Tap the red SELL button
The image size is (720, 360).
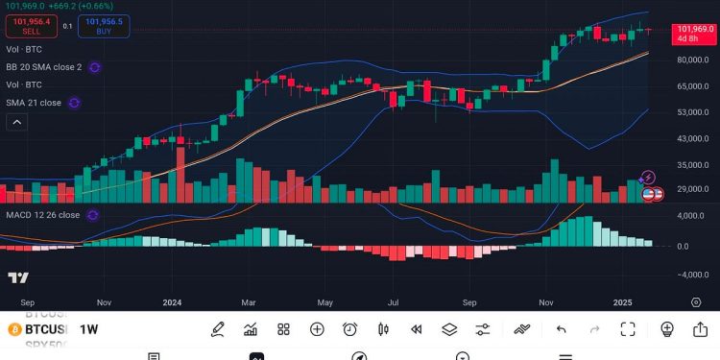tap(31, 26)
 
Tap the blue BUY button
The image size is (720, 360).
tap(105, 26)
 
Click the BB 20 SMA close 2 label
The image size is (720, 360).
tap(43, 67)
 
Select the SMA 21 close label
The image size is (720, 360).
tap(34, 103)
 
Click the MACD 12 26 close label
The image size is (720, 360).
tap(42, 215)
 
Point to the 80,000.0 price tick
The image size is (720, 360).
tap(692, 60)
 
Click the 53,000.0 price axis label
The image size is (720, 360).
tap(692, 112)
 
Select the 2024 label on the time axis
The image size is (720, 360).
tap(172, 301)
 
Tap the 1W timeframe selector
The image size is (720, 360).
tap(87, 329)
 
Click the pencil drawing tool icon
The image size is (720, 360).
tap(218, 329)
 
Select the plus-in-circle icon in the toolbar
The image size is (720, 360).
tap(317, 329)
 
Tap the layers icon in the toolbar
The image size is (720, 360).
tap(449, 329)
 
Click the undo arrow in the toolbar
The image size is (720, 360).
tap(561, 329)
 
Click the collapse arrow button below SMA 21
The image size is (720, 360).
tap(17, 122)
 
